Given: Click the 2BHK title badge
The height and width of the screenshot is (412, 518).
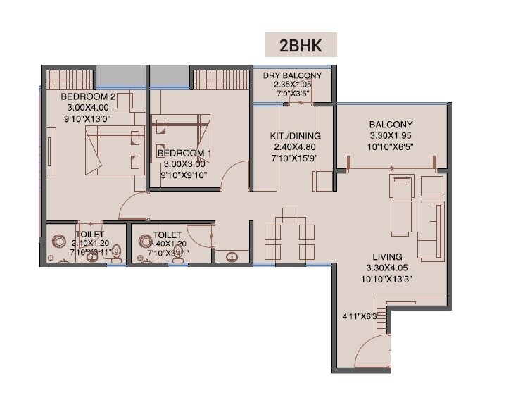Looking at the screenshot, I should click(x=301, y=44).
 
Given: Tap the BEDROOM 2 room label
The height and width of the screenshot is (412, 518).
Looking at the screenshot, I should click(x=87, y=96).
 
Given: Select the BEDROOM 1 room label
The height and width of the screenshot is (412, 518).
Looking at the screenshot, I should click(x=184, y=153).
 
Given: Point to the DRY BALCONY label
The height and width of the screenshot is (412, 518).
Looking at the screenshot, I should click(x=292, y=75).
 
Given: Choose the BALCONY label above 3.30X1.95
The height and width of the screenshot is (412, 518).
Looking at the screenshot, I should click(x=391, y=125).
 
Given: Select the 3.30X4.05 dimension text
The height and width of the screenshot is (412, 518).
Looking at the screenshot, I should click(x=388, y=268).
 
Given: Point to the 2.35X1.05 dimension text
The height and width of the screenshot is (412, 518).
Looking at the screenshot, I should click(x=292, y=84).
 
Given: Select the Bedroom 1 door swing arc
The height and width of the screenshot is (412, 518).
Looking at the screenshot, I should click(x=236, y=173).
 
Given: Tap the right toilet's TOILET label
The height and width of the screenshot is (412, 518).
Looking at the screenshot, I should click(x=167, y=235).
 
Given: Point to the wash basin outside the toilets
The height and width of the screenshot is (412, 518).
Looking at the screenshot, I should click(x=231, y=257).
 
